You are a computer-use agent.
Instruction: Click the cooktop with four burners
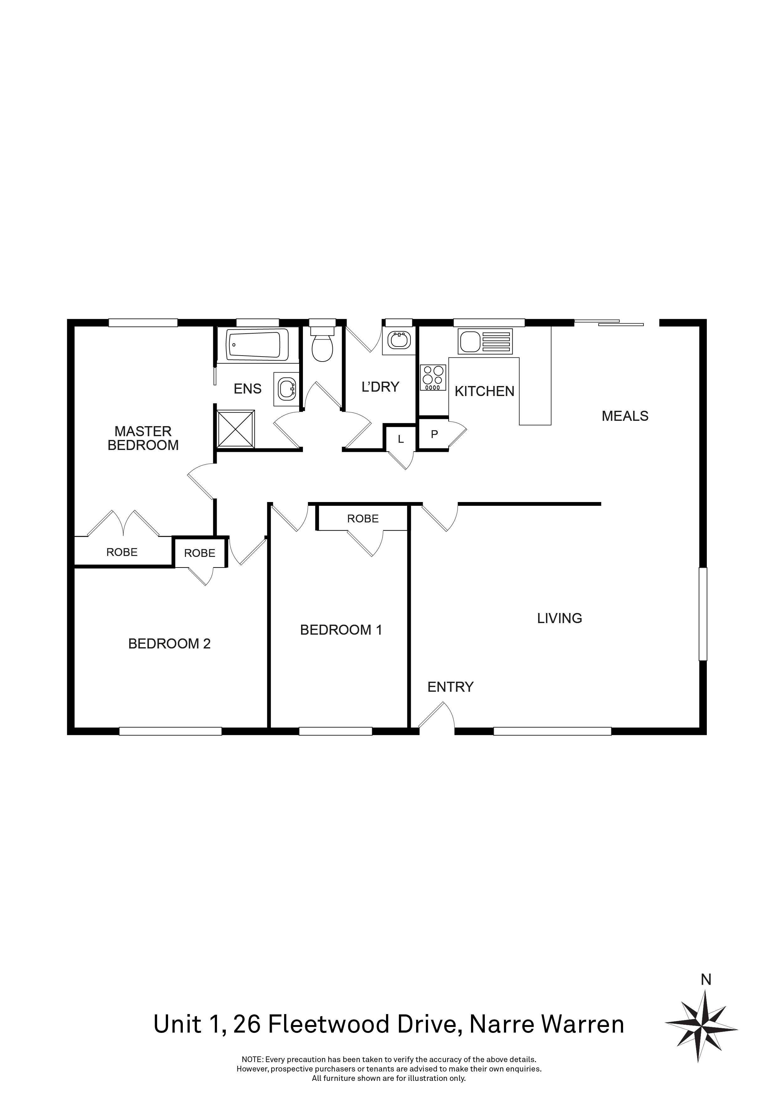pos(433,378)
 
